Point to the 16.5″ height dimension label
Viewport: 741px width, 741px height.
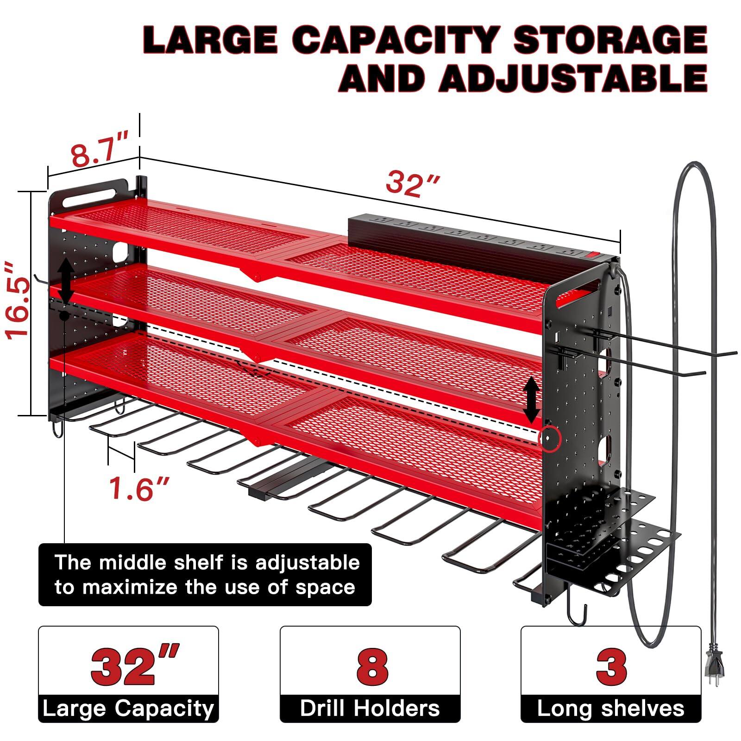(x=18, y=301)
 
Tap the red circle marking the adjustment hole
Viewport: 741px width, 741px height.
(x=550, y=438)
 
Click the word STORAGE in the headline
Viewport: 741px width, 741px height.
(x=610, y=41)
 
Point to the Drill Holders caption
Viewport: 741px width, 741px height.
(x=370, y=709)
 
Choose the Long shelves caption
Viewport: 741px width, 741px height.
(x=611, y=709)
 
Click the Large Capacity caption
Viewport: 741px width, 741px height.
(x=128, y=709)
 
